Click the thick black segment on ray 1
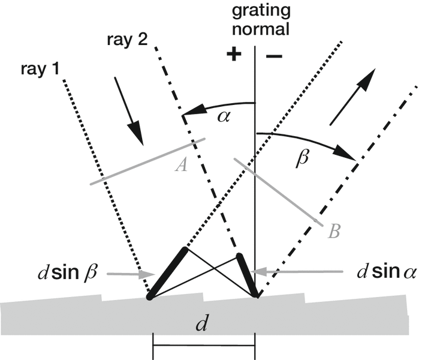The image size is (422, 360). point(168,272)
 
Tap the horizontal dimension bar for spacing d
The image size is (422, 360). point(204,346)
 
